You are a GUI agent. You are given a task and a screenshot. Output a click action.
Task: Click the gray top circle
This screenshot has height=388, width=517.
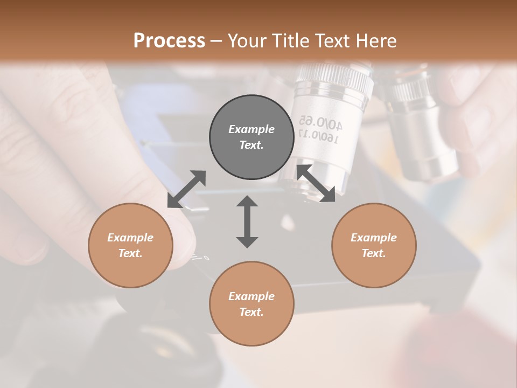[251, 137]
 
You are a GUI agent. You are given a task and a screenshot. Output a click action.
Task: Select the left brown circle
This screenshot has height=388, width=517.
[130, 245]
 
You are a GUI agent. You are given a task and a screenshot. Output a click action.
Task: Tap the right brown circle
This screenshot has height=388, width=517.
[374, 245]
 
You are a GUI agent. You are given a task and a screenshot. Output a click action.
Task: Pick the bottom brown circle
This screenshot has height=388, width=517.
[251, 304]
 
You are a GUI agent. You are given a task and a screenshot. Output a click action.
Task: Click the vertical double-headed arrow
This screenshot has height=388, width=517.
[247, 221]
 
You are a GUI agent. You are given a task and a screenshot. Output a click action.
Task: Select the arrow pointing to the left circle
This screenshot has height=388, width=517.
[186, 189]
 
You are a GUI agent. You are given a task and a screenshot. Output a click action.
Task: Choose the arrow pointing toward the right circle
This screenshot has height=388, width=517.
[316, 184]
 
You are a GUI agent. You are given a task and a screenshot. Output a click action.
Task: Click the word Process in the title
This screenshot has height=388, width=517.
[169, 40]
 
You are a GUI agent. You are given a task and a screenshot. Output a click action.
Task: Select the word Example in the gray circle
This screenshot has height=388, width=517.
[251, 129]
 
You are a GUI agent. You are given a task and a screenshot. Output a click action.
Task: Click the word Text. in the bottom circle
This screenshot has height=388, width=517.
[251, 312]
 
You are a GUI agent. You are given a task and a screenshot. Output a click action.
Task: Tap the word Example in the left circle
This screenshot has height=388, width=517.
[130, 238]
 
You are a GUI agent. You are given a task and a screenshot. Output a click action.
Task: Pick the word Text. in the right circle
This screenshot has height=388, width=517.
[374, 253]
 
